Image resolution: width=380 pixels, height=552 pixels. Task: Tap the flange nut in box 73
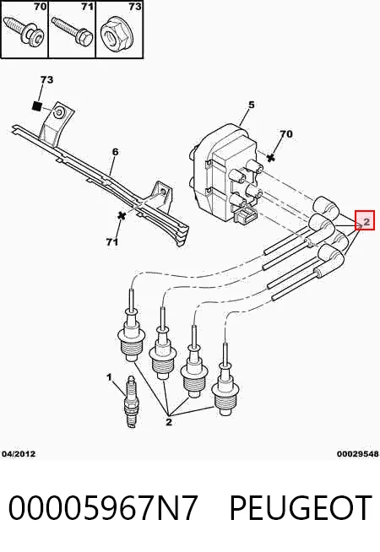117,33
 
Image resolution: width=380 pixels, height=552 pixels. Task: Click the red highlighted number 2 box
365,220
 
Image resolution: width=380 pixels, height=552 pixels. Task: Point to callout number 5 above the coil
251,105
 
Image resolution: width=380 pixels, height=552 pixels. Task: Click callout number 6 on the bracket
115,152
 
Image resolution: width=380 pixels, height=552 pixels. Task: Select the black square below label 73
37,106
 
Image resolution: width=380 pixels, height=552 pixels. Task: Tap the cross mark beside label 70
270,158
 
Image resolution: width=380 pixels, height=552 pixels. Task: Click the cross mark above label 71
122,216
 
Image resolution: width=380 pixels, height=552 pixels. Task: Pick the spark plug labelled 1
131,402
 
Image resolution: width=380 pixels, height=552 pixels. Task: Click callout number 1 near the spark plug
109,378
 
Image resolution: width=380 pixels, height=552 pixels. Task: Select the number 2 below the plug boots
169,422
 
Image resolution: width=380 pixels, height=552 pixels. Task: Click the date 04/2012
19,454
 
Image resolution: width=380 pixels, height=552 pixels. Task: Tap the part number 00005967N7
103,507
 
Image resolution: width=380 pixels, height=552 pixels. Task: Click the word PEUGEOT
301,507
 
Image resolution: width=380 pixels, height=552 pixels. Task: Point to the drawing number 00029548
358,454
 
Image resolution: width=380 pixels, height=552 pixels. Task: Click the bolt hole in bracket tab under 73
58,112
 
